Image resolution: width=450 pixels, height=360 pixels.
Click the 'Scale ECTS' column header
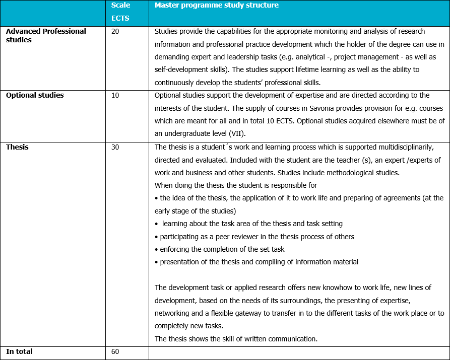click(x=120, y=12)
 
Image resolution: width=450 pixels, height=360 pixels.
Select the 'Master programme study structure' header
click(x=217, y=6)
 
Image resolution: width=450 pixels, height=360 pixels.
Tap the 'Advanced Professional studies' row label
click(x=46, y=35)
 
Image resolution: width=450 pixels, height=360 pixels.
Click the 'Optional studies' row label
click(x=35, y=95)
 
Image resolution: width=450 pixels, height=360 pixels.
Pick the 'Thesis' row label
click(x=17, y=147)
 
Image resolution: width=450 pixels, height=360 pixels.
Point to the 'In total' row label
click(x=19, y=351)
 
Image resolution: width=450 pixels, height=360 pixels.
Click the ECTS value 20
click(x=115, y=31)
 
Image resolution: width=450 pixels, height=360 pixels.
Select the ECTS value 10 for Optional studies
click(x=115, y=95)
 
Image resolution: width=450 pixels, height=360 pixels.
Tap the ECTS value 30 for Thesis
click(x=115, y=147)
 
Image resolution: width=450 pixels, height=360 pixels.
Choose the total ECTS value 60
click(x=115, y=351)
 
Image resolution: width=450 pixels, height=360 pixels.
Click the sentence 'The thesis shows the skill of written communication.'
click(x=236, y=339)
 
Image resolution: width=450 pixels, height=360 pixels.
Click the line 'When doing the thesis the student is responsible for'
click(x=236, y=185)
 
